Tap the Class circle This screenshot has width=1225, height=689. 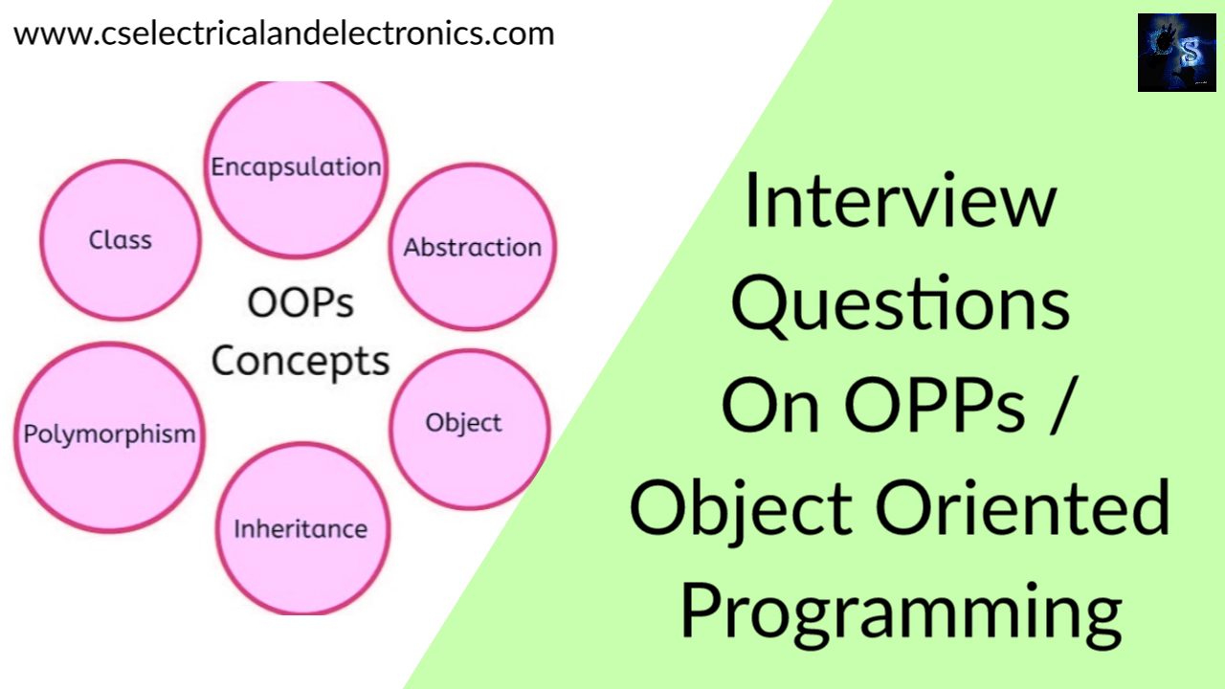[x=121, y=239]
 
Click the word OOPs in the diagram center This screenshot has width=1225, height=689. [x=301, y=303]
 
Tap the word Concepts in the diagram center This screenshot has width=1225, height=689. [x=301, y=362]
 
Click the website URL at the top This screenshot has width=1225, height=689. [x=283, y=33]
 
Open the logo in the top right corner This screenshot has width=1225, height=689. [x=1175, y=53]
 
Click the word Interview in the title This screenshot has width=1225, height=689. [x=900, y=203]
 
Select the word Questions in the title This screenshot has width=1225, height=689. [x=900, y=304]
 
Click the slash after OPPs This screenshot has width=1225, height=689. [x=1055, y=408]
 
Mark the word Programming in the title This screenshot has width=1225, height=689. [x=900, y=612]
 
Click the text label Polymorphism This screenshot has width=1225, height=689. [x=109, y=433]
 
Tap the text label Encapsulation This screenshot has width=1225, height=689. [x=296, y=167]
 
